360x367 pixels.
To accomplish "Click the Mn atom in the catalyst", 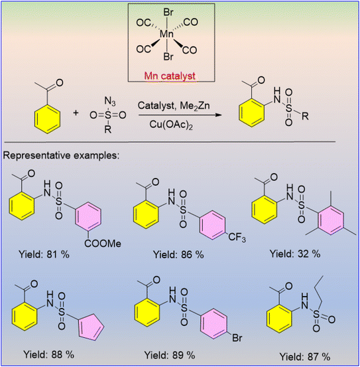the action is click(166, 34).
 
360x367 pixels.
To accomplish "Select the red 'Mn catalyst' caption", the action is click(170, 76).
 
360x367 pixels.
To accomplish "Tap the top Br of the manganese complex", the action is click(168, 12).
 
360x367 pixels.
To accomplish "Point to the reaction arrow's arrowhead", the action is click(218, 115).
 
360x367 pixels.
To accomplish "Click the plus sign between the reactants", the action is click(76, 113).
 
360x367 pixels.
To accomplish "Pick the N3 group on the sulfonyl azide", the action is click(110, 102).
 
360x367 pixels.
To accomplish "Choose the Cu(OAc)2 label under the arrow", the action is click(171, 125).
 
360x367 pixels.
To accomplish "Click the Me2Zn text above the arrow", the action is click(195, 106).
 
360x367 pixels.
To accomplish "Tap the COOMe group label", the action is click(103, 244).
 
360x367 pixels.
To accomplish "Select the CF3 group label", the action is click(237, 238).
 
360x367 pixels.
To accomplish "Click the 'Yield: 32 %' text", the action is click(295, 254).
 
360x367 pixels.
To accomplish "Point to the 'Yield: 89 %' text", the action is click(170, 355).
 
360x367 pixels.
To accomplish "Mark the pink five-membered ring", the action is click(91, 327).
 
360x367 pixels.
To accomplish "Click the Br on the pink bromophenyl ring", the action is click(237, 338).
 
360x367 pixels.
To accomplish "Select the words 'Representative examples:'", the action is click(61, 155).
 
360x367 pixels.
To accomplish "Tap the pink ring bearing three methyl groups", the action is click(331, 220).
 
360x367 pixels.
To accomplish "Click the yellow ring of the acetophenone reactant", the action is click(48, 119).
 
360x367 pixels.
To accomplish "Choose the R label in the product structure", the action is click(305, 116).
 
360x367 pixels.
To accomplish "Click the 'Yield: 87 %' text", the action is click(305, 357).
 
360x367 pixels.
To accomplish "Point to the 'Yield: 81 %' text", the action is click(44, 254).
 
